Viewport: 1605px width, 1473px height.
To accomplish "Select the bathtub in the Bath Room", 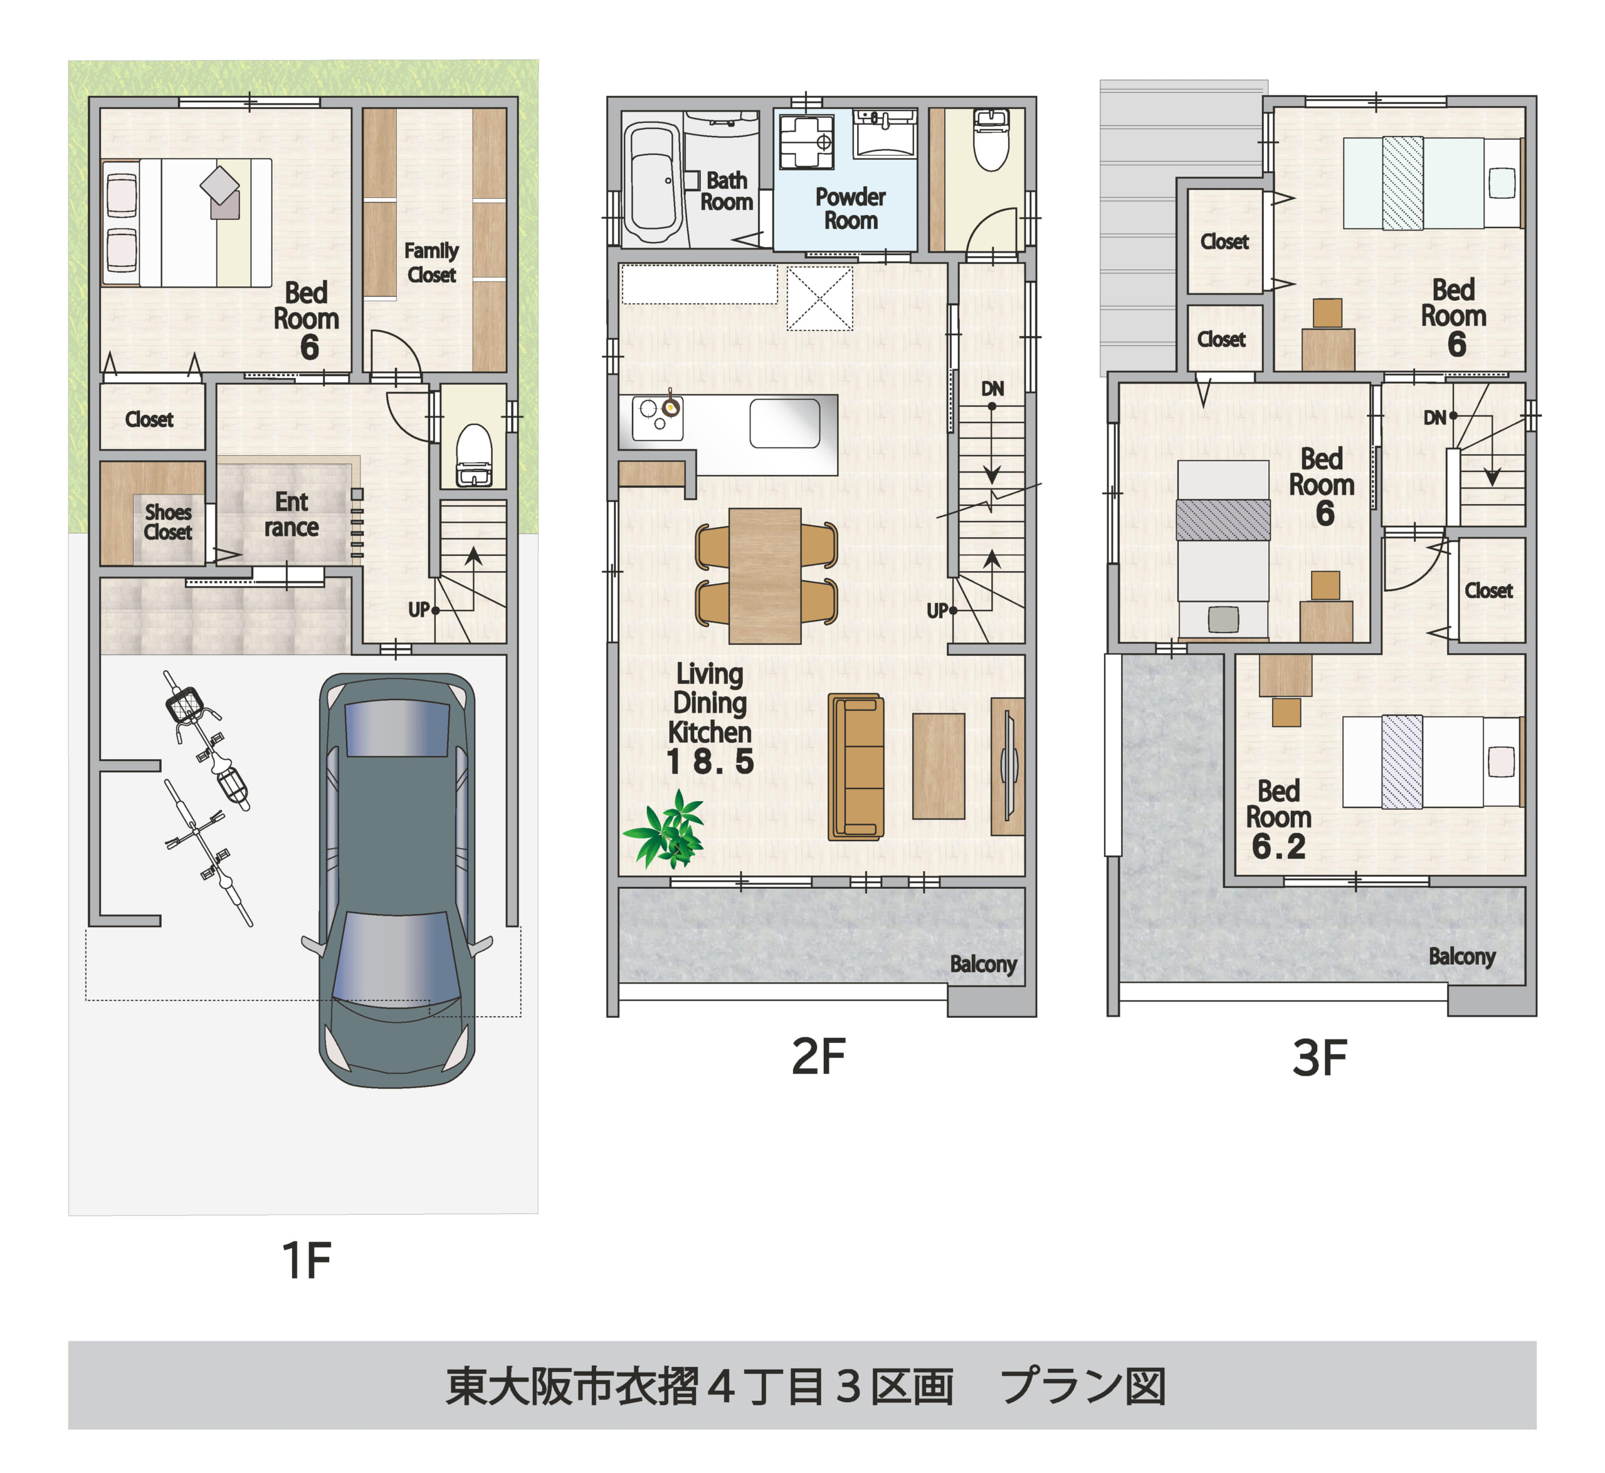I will click(x=651, y=183).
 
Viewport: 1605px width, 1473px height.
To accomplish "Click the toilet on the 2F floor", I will click(x=991, y=141).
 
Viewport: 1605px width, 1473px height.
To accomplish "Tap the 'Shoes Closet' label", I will click(x=167, y=522).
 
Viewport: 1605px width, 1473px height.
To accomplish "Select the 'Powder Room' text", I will click(x=850, y=209).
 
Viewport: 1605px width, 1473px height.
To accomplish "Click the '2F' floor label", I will click(x=818, y=1057).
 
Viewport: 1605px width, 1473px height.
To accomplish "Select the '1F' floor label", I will click(x=306, y=1260).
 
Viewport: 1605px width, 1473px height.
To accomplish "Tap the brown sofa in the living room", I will click(x=856, y=766).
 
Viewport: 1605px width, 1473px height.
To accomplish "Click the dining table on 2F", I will click(x=765, y=575).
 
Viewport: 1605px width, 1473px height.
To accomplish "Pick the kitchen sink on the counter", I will click(x=784, y=423).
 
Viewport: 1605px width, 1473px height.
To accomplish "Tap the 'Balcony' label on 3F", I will click(x=1461, y=957).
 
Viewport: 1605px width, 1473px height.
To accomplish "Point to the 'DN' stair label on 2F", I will click(x=992, y=389).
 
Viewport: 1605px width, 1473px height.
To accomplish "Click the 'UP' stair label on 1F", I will click(x=419, y=610).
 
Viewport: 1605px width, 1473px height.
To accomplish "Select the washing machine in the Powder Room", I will click(x=806, y=141).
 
